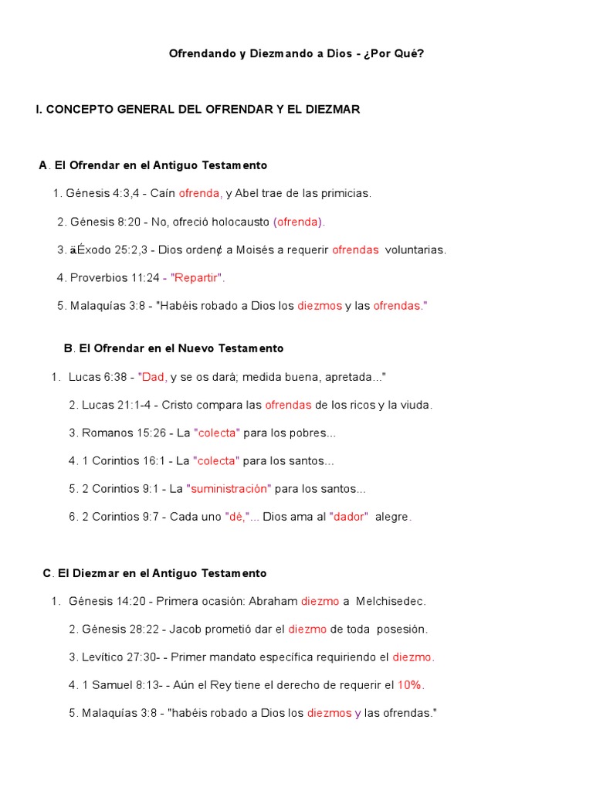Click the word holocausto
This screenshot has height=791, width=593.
click(241, 222)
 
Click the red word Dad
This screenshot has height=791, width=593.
click(154, 377)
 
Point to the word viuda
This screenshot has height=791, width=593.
click(415, 406)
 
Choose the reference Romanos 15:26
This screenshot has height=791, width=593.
click(120, 433)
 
